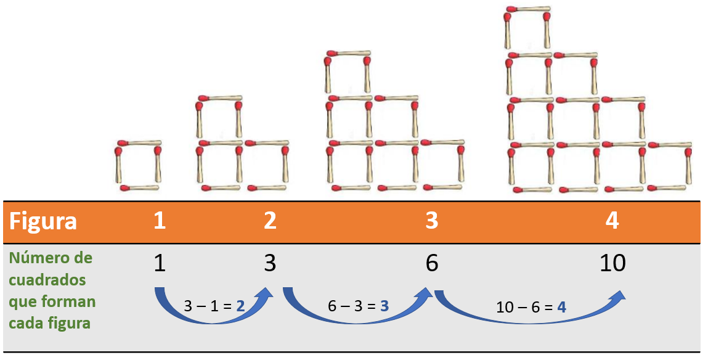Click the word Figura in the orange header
pos(43,221)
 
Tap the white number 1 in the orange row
pos(160,221)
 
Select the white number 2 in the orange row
pos(270,221)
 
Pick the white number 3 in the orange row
pos(431,221)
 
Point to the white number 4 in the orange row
pos(612,221)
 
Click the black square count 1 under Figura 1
pos(160,263)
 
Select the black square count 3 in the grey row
pos(270,263)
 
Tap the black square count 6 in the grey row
pos(431,263)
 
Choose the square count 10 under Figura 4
pos(612,263)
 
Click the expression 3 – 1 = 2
pos(214,305)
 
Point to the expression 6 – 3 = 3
pos(358,305)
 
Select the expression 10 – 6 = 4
pos(532,306)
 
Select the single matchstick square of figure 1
pos(138,165)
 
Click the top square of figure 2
pos(219,117)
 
